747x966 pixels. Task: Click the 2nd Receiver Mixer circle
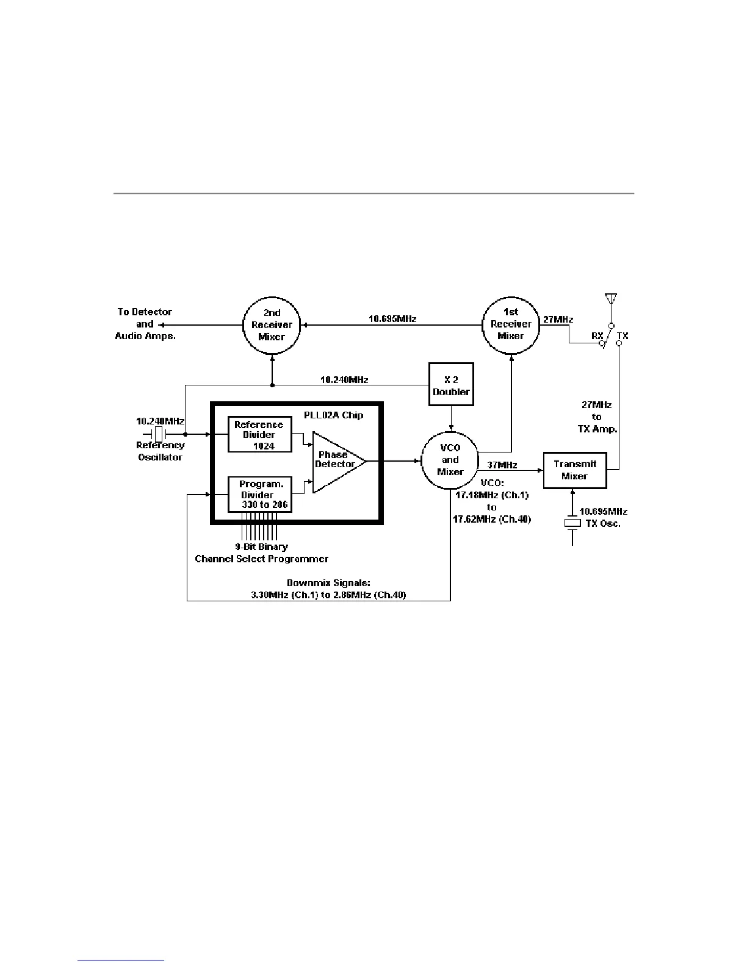pyautogui.click(x=272, y=325)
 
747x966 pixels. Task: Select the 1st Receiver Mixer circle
pyautogui.click(x=511, y=324)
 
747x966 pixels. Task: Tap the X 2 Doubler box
pyautogui.click(x=451, y=385)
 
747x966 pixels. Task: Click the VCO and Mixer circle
pyautogui.click(x=450, y=460)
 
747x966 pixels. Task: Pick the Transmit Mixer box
pyautogui.click(x=574, y=470)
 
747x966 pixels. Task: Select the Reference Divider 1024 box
pyautogui.click(x=259, y=434)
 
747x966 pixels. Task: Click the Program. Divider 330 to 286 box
pyautogui.click(x=259, y=495)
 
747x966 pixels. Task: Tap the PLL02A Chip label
pyautogui.click(x=333, y=415)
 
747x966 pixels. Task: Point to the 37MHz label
pyautogui.click(x=503, y=466)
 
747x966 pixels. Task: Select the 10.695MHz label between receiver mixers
pyautogui.click(x=392, y=318)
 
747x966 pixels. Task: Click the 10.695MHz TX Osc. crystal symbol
pyautogui.click(x=572, y=523)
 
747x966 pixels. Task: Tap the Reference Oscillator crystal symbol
pyautogui.click(x=158, y=434)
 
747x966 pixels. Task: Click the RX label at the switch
pyautogui.click(x=597, y=335)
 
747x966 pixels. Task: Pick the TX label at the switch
pyautogui.click(x=622, y=335)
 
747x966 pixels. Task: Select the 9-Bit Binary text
pyautogui.click(x=261, y=546)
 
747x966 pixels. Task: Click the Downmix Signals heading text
pyautogui.click(x=333, y=583)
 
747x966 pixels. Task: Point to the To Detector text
pyautogui.click(x=145, y=312)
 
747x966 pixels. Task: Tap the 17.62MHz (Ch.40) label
pyautogui.click(x=492, y=520)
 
